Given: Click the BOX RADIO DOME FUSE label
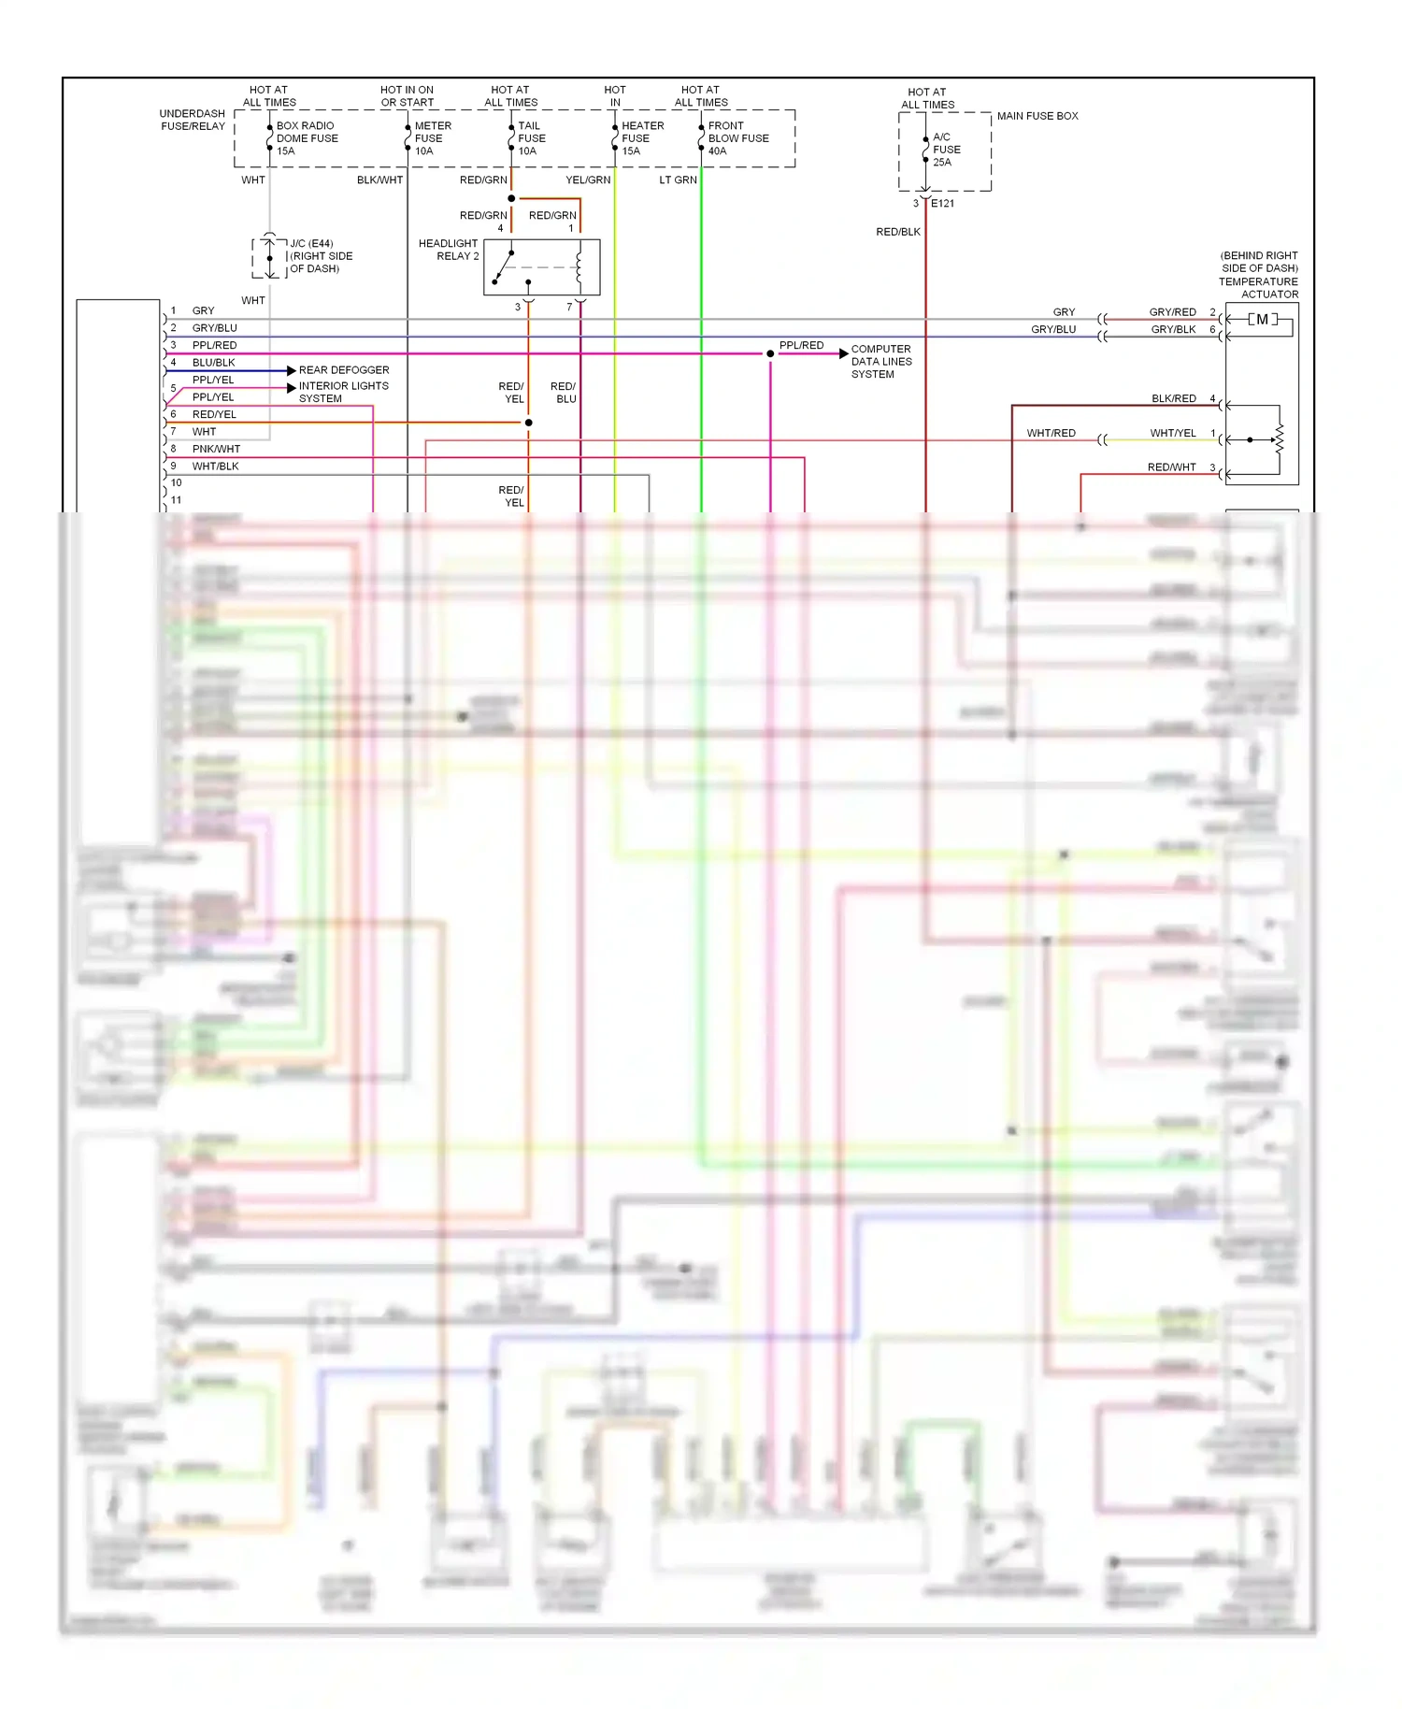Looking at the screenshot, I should pos(307,138).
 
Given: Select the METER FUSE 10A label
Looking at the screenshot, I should pos(432,138).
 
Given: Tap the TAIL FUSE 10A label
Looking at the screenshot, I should pos(531,138).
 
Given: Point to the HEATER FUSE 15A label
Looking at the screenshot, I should pos(642,138).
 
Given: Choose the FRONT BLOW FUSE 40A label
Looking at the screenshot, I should pos(737,138).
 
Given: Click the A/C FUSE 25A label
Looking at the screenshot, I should pos(946,150).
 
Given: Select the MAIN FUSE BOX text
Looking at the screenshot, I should pos(1037,116).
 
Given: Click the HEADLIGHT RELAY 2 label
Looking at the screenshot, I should pos(449,250).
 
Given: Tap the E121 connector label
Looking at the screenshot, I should pos(942,204).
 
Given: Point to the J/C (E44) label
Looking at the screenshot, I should pos(311,244).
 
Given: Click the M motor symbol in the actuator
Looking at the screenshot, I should pos(1262,320).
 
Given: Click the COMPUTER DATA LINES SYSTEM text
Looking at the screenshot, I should pos(880,362).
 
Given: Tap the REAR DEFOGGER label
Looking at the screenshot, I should pos(344,370).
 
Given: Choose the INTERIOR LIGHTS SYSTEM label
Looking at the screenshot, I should pos(343,392).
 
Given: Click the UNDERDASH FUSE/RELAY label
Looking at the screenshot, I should pos(193,120).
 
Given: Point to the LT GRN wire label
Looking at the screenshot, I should pos(678,180).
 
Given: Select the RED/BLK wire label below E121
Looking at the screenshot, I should pos(897,232).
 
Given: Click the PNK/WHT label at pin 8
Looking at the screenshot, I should pos(216,449).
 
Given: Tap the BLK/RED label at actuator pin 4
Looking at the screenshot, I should pos(1173,399).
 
